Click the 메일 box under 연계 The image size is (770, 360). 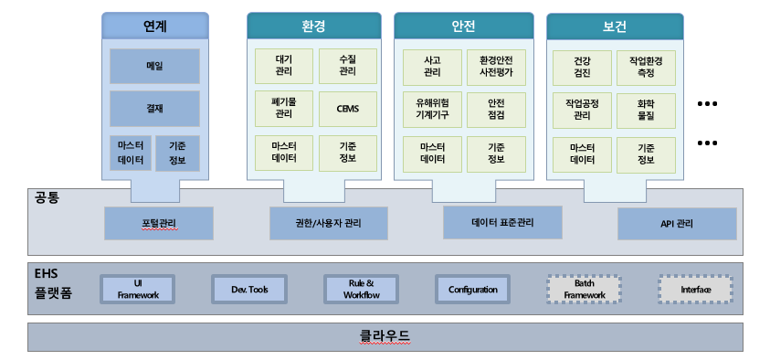154,66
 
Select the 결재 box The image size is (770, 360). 154,109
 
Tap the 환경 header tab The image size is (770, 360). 314,26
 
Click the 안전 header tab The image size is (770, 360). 464,26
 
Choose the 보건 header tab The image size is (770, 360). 615,26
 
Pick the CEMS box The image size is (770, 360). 348,109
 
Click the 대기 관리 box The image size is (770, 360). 284,66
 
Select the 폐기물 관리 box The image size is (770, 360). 284,109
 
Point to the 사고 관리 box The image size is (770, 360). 432,67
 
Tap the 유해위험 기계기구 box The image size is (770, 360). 432,110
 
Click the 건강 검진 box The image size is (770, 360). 583,68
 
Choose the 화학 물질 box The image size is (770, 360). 647,111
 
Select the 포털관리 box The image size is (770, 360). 159,224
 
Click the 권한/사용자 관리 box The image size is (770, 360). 329,224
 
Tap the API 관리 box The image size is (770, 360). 677,224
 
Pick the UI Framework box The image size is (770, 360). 138,290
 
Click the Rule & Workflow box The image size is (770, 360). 362,290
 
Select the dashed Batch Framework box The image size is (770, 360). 585,290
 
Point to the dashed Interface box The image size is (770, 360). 696,290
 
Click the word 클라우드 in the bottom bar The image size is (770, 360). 385,336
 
